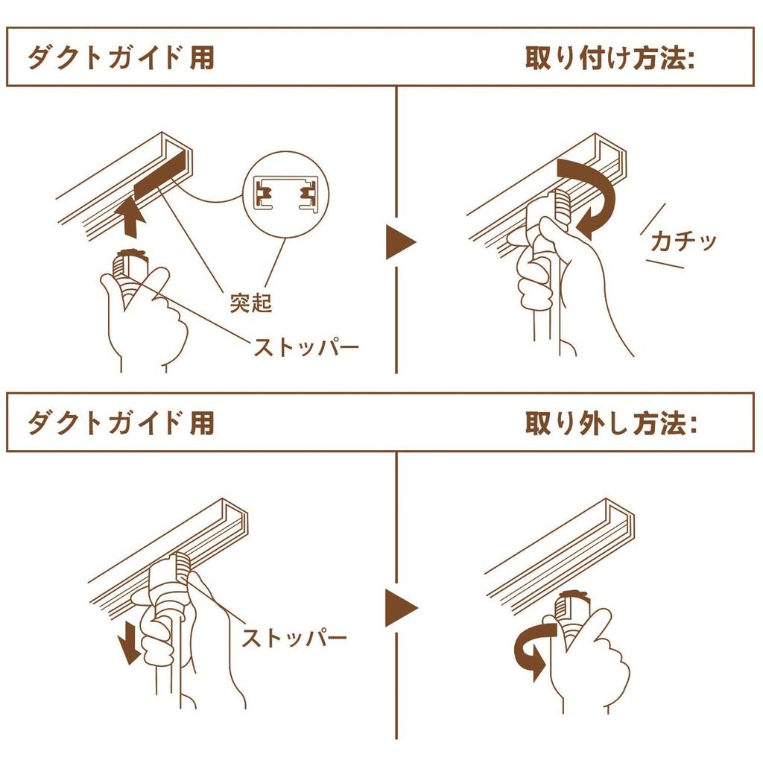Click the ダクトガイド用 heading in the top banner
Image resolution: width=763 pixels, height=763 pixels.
click(121, 58)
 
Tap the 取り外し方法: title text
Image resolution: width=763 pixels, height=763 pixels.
click(610, 423)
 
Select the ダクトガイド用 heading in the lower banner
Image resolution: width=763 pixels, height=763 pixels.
click(121, 422)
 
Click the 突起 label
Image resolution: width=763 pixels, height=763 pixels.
click(251, 303)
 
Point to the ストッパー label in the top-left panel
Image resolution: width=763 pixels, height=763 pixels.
click(305, 347)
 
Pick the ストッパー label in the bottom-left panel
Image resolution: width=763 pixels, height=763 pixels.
click(294, 638)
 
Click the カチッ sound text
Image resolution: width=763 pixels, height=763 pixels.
click(683, 241)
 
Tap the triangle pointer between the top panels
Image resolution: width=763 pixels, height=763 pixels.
click(400, 242)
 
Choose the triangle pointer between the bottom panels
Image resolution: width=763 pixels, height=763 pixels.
click(400, 607)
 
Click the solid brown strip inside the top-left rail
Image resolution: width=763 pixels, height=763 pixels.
click(160, 180)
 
